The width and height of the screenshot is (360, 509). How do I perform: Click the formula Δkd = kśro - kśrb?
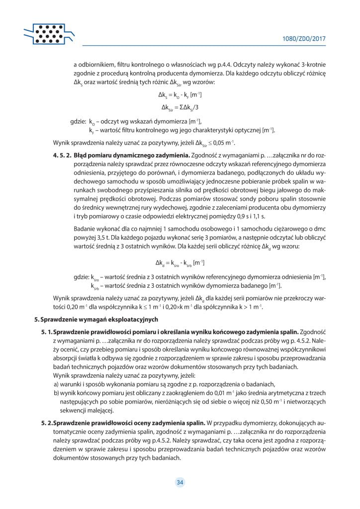[180, 262]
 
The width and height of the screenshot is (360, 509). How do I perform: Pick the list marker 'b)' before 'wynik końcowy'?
[57, 393]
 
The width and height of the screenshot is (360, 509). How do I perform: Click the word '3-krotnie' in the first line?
[312, 64]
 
